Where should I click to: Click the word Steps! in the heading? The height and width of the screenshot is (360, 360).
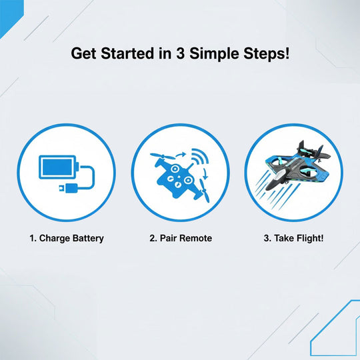pyautogui.click(x=269, y=54)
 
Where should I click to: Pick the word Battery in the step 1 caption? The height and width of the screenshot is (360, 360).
pyautogui.click(x=88, y=238)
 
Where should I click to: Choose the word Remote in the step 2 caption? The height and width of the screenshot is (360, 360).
pyautogui.click(x=196, y=238)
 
